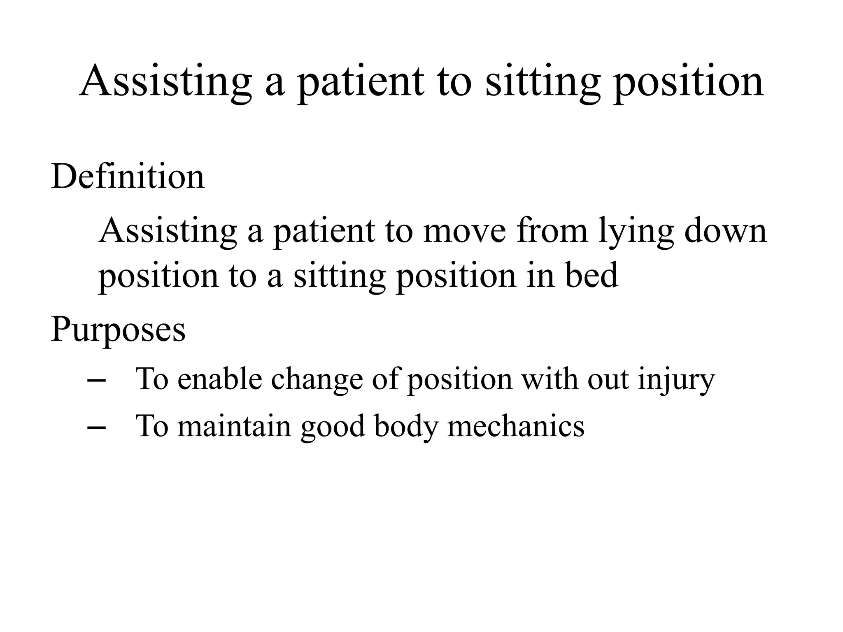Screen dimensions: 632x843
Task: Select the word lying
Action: click(x=636, y=231)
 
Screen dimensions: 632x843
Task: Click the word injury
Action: click(x=676, y=379)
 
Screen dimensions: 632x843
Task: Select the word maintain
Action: click(x=235, y=426)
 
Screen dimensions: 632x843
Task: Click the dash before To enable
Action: click(x=97, y=381)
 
